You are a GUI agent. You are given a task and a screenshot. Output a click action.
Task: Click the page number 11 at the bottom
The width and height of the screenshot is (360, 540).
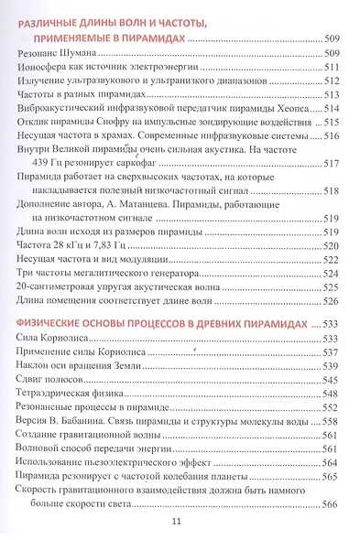click(179, 521)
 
